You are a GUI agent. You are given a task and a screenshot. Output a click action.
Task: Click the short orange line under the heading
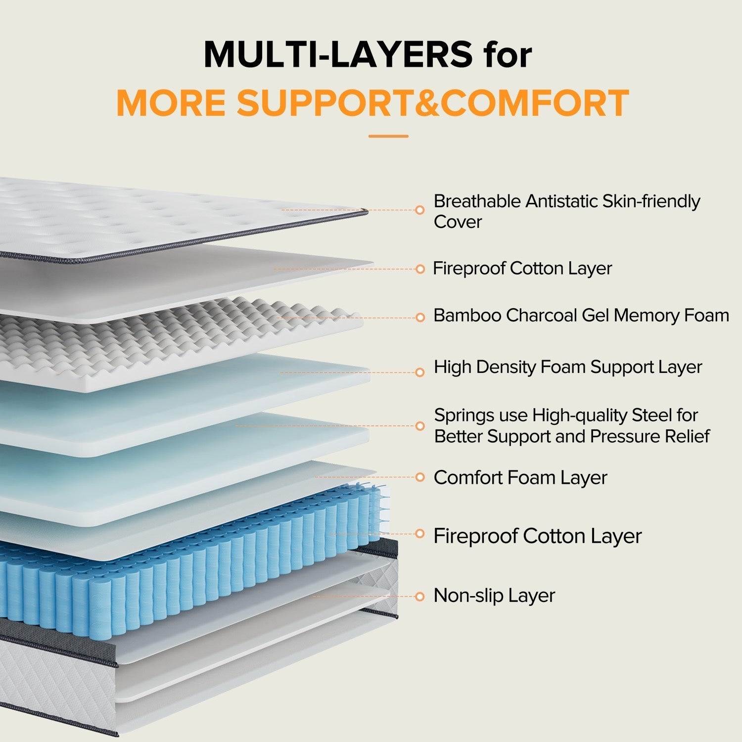(388, 136)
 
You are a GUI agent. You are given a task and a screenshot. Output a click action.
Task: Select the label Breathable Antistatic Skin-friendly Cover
(566, 211)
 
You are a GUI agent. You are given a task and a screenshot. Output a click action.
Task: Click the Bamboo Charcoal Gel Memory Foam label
(581, 316)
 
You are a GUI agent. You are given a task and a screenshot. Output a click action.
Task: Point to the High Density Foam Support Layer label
(567, 367)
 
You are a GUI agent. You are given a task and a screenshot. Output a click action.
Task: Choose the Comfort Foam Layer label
(520, 477)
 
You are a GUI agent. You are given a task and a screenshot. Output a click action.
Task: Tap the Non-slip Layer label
(494, 596)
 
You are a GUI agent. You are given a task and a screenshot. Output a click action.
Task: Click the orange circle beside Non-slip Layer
(420, 597)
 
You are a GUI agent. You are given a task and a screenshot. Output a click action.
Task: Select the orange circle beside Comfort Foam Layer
(420, 477)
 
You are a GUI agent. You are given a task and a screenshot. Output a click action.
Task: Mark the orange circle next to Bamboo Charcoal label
(420, 317)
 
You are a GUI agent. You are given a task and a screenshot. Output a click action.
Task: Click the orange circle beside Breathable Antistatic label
(420, 210)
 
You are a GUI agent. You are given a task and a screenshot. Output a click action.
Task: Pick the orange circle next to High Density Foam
(420, 372)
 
